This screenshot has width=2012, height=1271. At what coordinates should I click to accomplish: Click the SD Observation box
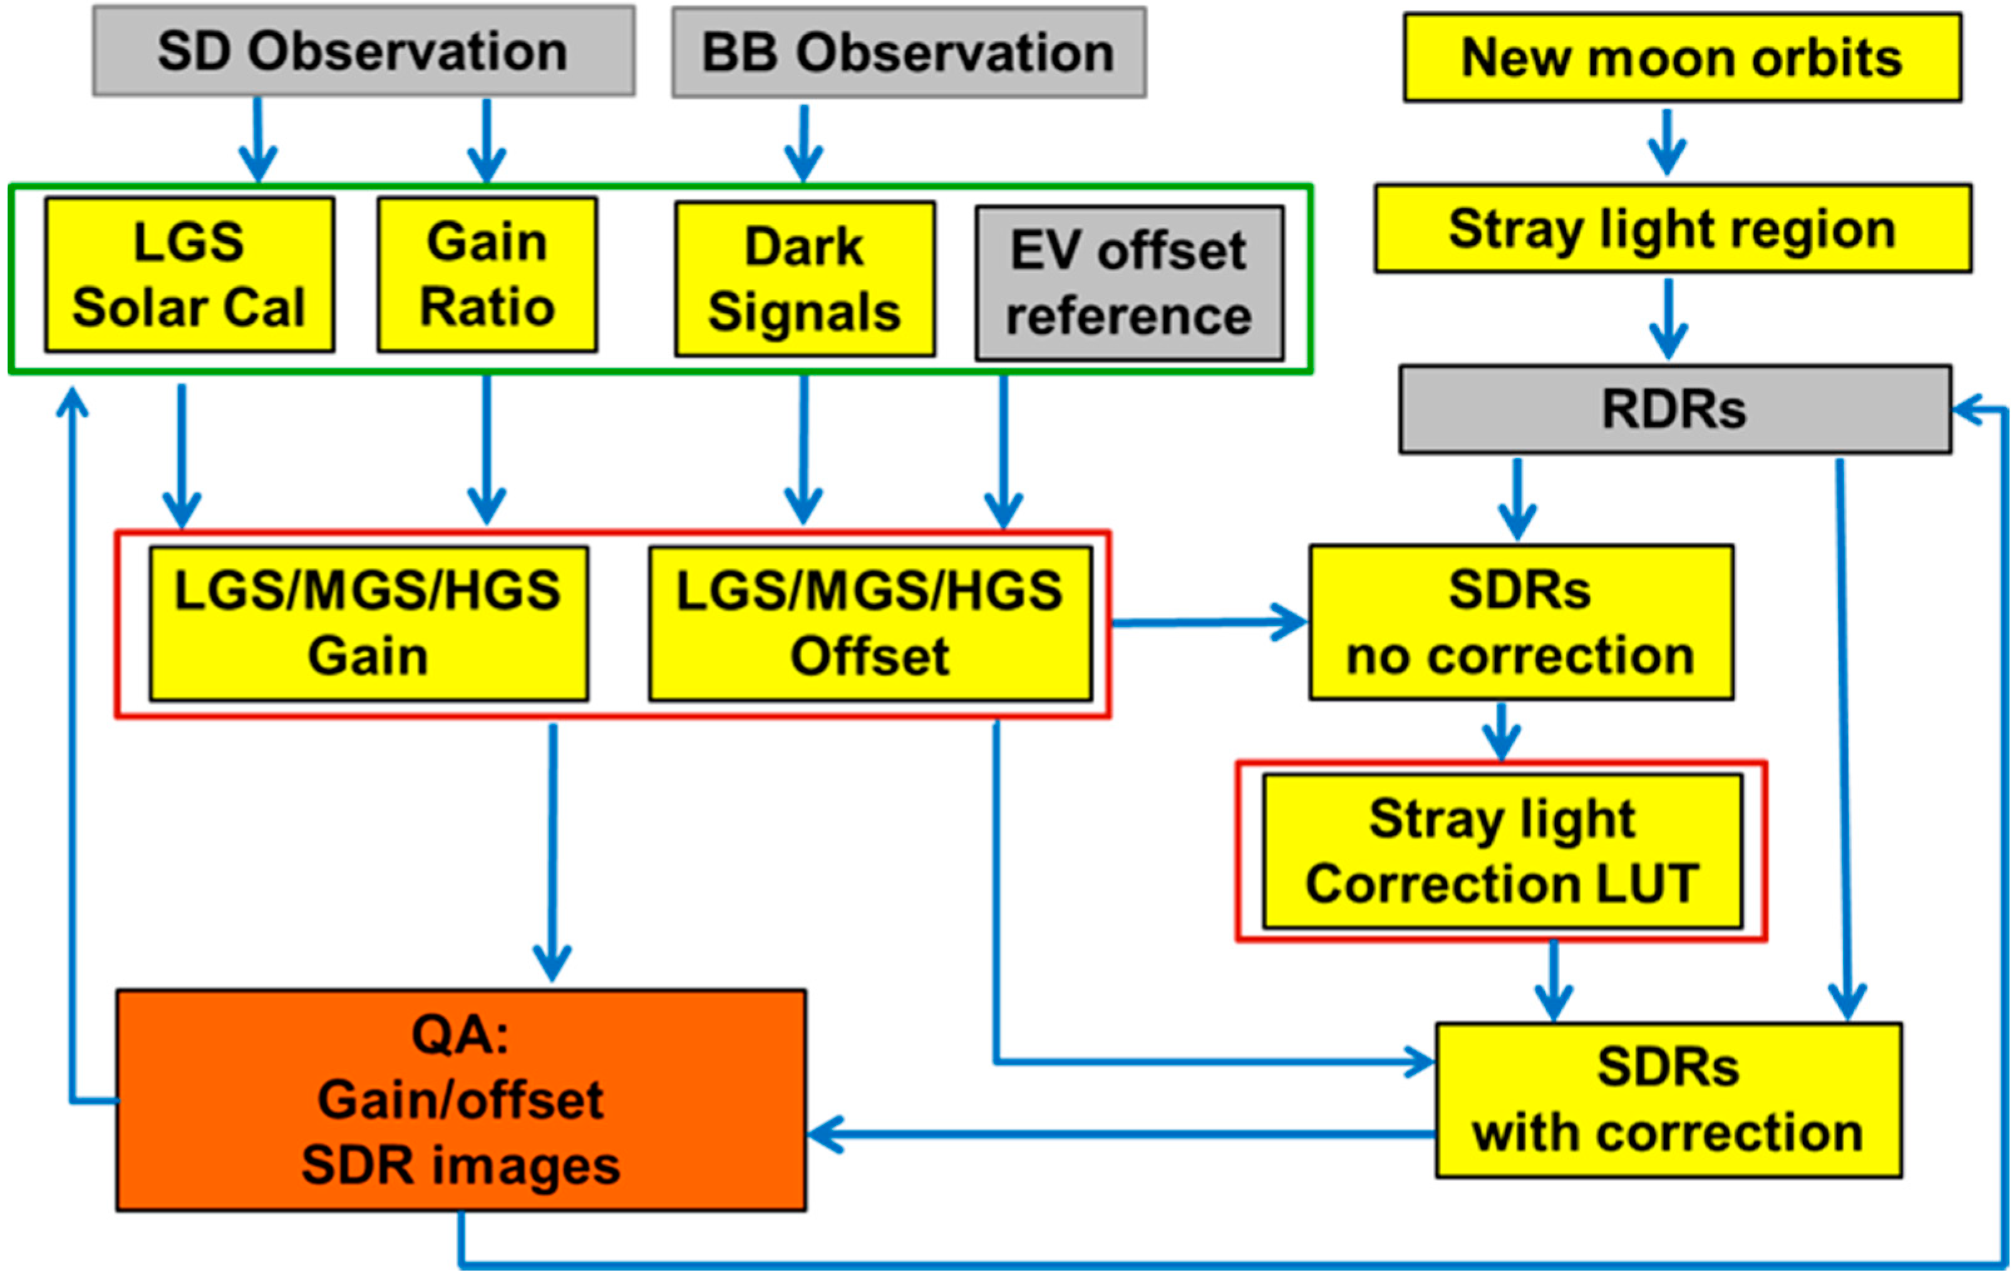[363, 52]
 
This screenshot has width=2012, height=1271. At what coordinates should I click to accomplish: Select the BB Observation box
[908, 53]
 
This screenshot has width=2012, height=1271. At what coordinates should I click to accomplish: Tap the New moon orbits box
[1682, 58]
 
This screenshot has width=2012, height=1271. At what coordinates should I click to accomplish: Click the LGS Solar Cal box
[190, 275]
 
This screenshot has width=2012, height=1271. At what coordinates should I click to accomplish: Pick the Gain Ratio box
[487, 275]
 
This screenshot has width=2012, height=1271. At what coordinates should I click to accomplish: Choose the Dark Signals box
[805, 279]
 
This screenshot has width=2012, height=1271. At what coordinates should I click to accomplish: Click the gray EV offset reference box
[1129, 283]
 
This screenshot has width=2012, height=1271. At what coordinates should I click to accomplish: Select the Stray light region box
[1673, 229]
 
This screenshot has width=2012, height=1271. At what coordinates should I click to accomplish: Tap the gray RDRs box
[1674, 409]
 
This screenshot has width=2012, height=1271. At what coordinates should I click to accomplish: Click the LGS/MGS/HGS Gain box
[368, 623]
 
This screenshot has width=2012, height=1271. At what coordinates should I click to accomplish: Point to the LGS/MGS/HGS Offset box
[870, 623]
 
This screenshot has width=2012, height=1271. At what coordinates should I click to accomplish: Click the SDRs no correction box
[1520, 622]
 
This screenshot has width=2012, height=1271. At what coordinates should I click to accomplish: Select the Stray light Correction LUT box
[1502, 851]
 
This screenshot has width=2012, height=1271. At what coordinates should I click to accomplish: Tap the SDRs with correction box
[1668, 1100]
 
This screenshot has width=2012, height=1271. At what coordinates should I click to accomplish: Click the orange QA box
[460, 1100]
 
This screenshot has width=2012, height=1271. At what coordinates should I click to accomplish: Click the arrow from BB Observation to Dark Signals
[804, 142]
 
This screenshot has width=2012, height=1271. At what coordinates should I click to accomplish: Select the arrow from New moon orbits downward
[1667, 142]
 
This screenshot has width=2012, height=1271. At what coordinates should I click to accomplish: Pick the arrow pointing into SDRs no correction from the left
[1212, 622]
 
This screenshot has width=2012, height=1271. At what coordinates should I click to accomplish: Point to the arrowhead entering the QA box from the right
[827, 1134]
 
